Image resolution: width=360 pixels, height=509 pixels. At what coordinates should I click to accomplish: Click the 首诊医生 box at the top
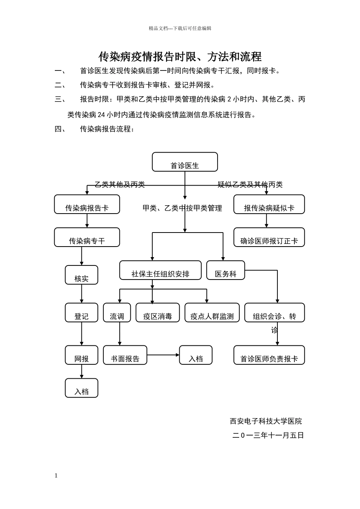tap(185, 162)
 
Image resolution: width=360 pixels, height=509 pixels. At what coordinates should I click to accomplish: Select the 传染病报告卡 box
tap(87, 205)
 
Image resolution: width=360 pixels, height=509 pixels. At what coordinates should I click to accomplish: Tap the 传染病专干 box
tap(87, 237)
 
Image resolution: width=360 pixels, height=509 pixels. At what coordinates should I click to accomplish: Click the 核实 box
tap(81, 275)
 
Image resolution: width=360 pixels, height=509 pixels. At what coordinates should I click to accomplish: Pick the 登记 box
tap(81, 313)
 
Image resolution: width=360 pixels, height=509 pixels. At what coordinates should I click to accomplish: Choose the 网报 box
tap(81, 355)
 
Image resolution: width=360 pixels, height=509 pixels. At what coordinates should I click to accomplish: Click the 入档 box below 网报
tap(81, 388)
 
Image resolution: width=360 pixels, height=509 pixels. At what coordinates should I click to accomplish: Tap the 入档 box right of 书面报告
tap(196, 355)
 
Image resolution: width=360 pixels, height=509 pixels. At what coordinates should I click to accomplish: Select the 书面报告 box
tap(125, 355)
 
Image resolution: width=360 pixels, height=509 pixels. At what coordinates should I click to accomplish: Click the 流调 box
tap(117, 313)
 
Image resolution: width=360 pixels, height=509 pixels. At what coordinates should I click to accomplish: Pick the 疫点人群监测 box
tap(212, 313)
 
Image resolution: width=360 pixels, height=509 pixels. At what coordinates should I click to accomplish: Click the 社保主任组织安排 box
tap(160, 270)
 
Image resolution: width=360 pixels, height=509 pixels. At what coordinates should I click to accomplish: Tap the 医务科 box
tap(225, 270)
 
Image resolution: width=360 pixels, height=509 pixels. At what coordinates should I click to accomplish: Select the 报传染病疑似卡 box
tap(269, 205)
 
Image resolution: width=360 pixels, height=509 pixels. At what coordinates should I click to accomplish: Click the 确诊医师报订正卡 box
tap(269, 237)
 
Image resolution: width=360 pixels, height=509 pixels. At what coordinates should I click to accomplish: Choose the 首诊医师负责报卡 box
tap(269, 355)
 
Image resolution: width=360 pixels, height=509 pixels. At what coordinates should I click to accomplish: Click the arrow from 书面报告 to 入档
tap(163, 355)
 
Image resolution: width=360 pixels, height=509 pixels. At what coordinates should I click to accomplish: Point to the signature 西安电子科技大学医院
tap(266, 421)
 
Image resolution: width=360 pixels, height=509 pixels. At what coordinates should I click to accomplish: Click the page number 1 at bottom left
tap(56, 476)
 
